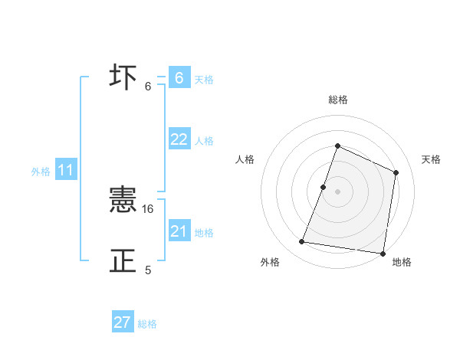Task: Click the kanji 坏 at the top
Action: pyautogui.click(x=123, y=78)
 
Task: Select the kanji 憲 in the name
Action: pyautogui.click(x=123, y=201)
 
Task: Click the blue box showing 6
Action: pyautogui.click(x=179, y=78)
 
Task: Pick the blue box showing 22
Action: pyautogui.click(x=179, y=139)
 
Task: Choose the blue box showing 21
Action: pyautogui.click(x=179, y=231)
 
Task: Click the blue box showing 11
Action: pyautogui.click(x=65, y=171)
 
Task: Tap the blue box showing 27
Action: pyautogui.click(x=123, y=322)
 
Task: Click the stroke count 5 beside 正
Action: pyautogui.click(x=148, y=270)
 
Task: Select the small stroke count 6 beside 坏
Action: pyautogui.click(x=148, y=87)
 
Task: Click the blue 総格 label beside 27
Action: pyautogui.click(x=147, y=324)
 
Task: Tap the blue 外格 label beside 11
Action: pyautogui.click(x=41, y=172)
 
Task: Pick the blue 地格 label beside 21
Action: pyautogui.click(x=204, y=233)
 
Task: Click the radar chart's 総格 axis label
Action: pyautogui.click(x=337, y=100)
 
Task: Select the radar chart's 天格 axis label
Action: pyautogui.click(x=432, y=159)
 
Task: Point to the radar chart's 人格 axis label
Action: pyautogui.click(x=245, y=159)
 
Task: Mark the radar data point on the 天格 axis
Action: pyautogui.click(x=396, y=172)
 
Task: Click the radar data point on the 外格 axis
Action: pyautogui.click(x=301, y=242)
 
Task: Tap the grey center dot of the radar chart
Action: pyautogui.click(x=337, y=191)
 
